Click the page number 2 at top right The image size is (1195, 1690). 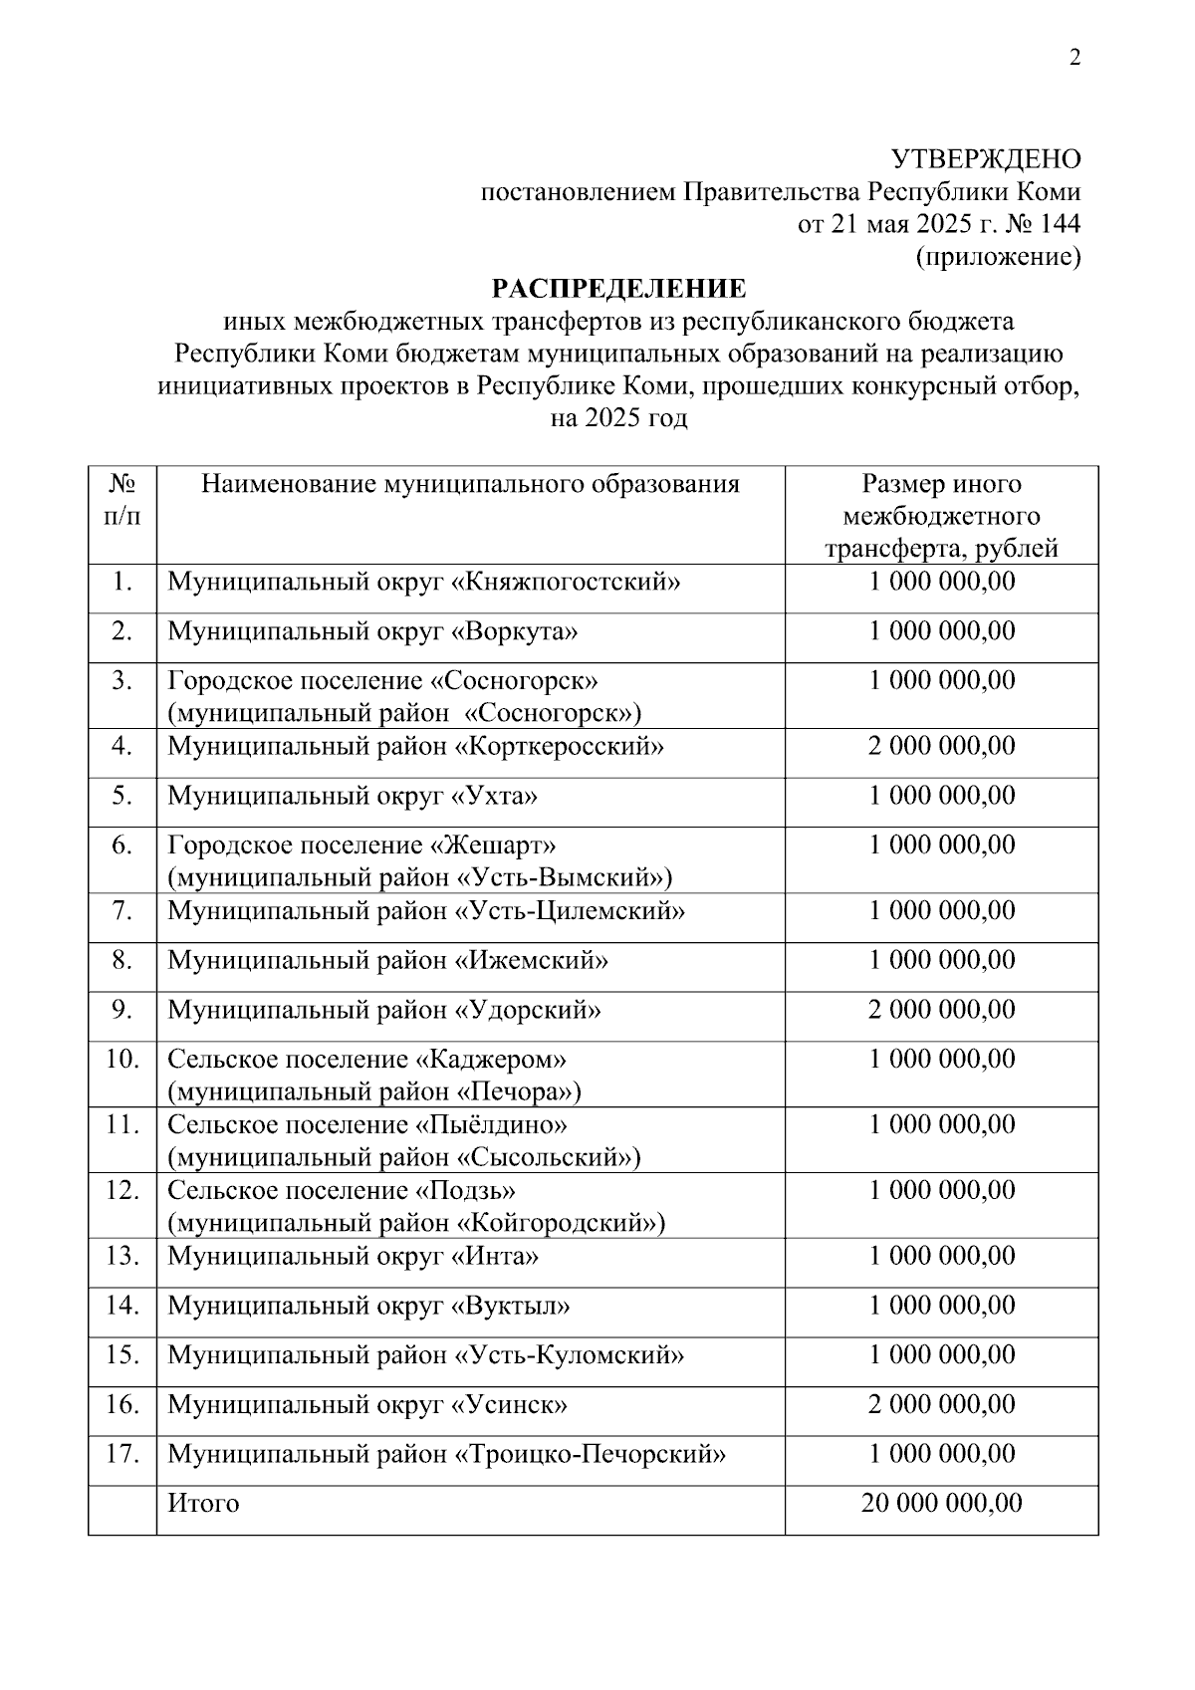(x=1075, y=58)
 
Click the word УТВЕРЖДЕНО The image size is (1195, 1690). (x=985, y=159)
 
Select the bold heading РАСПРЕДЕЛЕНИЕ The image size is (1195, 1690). (x=618, y=289)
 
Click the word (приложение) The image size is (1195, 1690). (x=998, y=257)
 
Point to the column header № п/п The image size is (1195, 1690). (x=122, y=500)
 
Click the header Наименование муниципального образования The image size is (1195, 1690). (x=470, y=484)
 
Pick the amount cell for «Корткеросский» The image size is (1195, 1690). (x=941, y=746)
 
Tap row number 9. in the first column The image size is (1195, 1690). (x=122, y=1010)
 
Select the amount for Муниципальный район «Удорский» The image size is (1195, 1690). (x=941, y=1010)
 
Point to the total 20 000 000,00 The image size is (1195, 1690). (x=941, y=1503)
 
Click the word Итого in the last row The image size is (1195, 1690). (x=203, y=1503)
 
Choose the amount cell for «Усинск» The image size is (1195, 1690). (x=941, y=1404)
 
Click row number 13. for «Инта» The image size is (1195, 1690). (x=122, y=1256)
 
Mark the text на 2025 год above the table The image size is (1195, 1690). (x=618, y=418)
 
